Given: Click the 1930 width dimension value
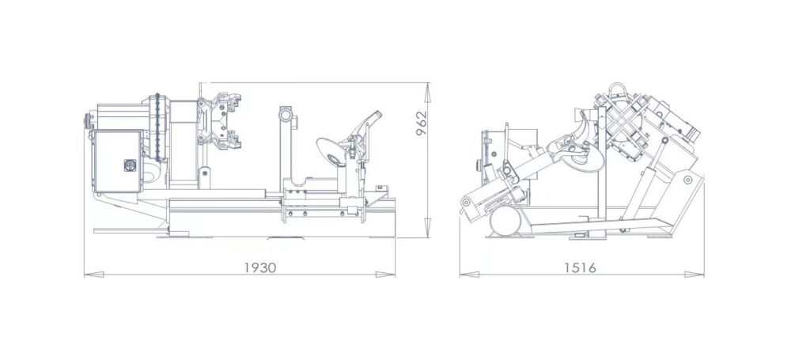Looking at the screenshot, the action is (x=259, y=267).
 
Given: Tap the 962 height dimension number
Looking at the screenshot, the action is (x=422, y=123).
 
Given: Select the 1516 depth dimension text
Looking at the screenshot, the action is (x=580, y=267).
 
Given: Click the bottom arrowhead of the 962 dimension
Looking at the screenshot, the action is (x=428, y=228).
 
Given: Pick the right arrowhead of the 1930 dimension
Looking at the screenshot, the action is (x=385, y=275).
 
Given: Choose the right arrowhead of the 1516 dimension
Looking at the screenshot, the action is (x=695, y=275).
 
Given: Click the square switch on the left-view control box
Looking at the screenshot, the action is (x=130, y=165).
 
